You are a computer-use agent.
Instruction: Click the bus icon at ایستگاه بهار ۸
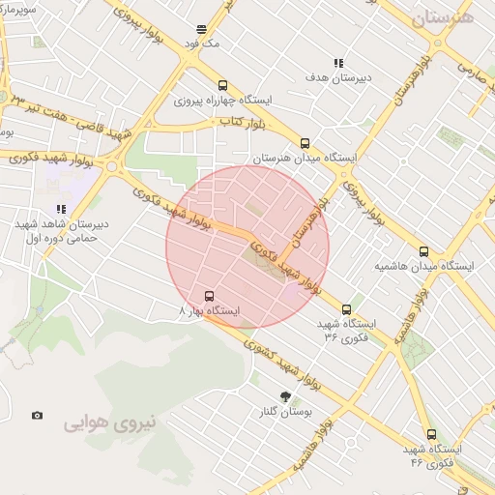coord(209,296)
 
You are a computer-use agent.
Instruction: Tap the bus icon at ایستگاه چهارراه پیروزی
coord(223,85)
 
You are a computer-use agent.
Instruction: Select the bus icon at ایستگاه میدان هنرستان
coord(306,141)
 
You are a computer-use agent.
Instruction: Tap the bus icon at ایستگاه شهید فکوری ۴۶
coord(430,436)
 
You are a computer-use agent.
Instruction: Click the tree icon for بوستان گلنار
coord(284,395)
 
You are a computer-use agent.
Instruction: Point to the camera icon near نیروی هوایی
coord(37,416)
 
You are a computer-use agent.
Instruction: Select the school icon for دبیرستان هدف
coord(338,63)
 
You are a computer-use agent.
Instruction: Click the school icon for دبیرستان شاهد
coord(61,208)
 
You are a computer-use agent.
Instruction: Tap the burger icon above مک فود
coord(200,30)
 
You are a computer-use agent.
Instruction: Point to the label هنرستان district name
coord(442,18)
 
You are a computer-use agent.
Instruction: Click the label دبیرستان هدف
coord(366,76)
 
